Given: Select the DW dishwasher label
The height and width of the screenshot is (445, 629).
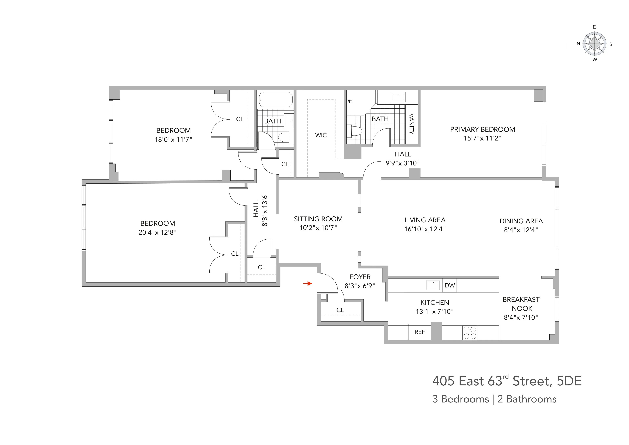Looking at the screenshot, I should (450, 285).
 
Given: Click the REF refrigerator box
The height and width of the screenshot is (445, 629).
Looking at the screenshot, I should (419, 332).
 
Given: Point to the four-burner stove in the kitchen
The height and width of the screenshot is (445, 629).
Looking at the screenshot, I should (470, 333).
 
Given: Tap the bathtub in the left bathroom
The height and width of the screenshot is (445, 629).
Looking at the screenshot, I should (275, 99).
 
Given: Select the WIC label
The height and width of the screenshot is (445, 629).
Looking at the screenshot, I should (321, 135).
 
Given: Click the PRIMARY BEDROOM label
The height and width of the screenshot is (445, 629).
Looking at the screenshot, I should (483, 129).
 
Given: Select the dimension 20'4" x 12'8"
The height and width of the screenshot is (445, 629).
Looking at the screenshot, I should (158, 233).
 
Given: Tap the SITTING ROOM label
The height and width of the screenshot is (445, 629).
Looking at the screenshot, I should (318, 219).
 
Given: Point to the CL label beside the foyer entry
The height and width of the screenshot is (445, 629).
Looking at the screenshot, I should (340, 310).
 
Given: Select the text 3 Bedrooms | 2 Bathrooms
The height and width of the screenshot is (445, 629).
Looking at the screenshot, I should (494, 399).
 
